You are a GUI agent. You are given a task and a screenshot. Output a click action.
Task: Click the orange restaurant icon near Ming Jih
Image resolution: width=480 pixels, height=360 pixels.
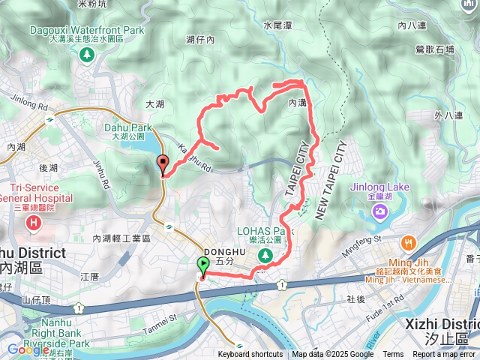[408, 242]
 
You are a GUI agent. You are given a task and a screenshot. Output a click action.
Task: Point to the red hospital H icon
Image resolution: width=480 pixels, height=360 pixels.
[34, 223]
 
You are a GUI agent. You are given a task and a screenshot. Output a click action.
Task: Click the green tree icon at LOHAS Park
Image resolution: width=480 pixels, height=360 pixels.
[264, 256]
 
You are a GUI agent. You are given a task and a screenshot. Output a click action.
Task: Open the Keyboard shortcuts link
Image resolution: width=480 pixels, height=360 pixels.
[250, 355]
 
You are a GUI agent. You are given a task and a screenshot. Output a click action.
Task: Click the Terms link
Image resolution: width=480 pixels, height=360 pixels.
[393, 355]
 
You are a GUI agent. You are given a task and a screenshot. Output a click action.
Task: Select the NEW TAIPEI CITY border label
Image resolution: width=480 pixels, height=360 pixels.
[329, 179]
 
